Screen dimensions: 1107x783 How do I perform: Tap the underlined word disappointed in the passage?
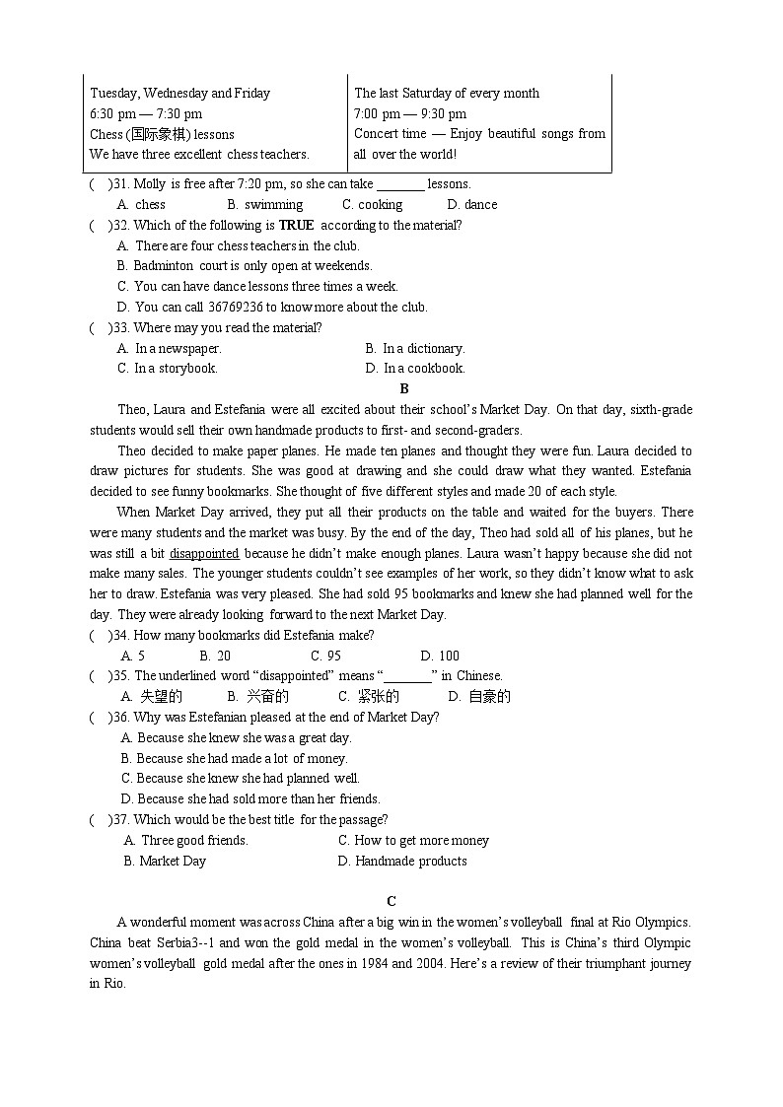[x=204, y=553]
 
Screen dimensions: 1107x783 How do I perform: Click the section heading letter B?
[x=404, y=388]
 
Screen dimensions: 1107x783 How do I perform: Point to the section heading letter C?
[x=391, y=901]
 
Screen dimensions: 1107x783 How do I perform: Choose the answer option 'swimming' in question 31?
[x=265, y=204]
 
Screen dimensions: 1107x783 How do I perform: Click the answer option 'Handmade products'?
[x=402, y=861]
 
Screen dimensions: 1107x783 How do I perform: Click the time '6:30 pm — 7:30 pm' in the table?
[x=146, y=113]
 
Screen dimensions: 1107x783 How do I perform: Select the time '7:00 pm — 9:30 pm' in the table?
[x=410, y=113]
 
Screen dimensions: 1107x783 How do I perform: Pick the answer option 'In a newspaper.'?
[x=170, y=348]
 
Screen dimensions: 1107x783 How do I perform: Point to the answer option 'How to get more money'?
[x=413, y=840]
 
